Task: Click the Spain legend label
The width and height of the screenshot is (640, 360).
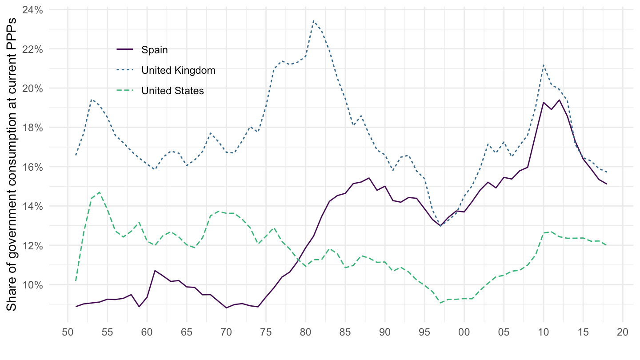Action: [155, 50]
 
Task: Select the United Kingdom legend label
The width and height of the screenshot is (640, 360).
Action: [178, 70]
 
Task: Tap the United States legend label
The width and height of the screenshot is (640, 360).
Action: [172, 91]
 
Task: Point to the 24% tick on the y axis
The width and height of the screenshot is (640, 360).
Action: [33, 9]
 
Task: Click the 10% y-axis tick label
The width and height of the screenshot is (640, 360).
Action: [33, 284]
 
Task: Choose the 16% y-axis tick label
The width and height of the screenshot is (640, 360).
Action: [33, 167]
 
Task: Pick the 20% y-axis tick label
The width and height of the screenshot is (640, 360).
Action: [33, 88]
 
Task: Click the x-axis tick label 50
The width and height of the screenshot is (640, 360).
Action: [68, 332]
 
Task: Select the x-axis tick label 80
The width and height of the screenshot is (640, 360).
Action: [306, 332]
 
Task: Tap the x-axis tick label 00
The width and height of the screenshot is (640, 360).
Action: [464, 332]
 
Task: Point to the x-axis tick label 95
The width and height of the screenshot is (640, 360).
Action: [424, 332]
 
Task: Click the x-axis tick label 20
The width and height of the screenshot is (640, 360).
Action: [623, 332]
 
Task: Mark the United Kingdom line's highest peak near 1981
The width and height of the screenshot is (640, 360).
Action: [313, 20]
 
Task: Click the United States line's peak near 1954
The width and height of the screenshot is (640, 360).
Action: [100, 192]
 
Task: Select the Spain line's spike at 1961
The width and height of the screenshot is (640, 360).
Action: [155, 270]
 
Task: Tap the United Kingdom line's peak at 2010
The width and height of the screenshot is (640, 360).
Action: [543, 65]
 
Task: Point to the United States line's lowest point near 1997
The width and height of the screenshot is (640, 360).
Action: [440, 303]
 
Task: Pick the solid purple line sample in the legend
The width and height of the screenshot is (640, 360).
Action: [124, 50]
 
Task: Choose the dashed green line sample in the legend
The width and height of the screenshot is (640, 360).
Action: [124, 91]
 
